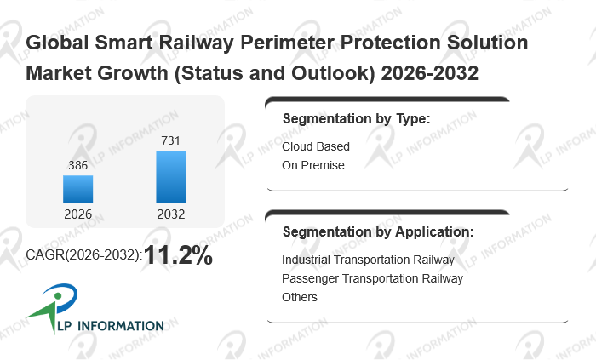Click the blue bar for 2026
click(x=77, y=188)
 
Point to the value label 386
click(x=77, y=165)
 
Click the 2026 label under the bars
click(x=77, y=214)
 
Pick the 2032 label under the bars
click(x=170, y=214)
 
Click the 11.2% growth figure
click(x=178, y=254)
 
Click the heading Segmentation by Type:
click(x=356, y=119)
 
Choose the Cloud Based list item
click(x=316, y=146)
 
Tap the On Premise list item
click(x=313, y=165)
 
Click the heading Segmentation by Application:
click(x=378, y=231)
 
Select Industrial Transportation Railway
click(x=368, y=260)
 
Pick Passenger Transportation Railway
click(x=372, y=278)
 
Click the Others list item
click(x=300, y=297)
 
